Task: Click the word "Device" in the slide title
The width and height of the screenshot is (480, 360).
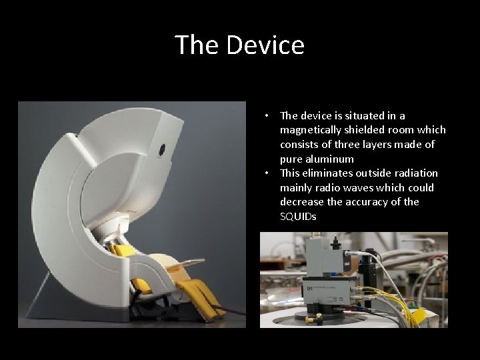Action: click(265, 45)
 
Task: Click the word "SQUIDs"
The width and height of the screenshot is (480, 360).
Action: click(299, 217)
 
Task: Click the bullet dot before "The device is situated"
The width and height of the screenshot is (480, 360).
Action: click(266, 115)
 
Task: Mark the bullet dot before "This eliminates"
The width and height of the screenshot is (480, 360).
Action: click(266, 173)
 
